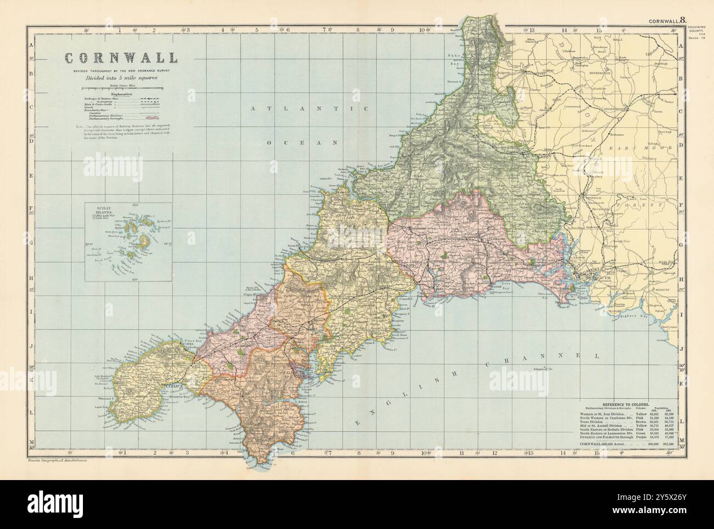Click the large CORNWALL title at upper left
(x=121, y=58)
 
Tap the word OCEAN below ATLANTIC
(x=302, y=142)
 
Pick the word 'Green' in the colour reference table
(x=640, y=434)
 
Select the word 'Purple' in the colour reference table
(x=641, y=439)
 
